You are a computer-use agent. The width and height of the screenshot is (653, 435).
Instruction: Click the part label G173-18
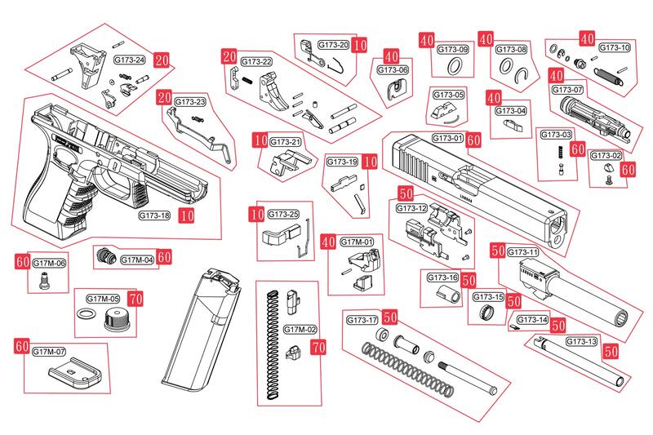(x=153, y=215)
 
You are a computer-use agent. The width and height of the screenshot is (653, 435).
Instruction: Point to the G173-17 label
(x=362, y=318)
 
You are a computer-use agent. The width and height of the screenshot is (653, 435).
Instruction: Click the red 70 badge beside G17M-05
(x=135, y=300)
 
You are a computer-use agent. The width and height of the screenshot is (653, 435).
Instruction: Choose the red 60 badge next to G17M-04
(x=164, y=256)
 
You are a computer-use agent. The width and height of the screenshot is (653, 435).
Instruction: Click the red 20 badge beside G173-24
(x=162, y=60)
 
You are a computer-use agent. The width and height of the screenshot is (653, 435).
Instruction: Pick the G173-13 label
(x=580, y=341)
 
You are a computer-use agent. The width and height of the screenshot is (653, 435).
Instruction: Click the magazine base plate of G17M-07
(x=73, y=377)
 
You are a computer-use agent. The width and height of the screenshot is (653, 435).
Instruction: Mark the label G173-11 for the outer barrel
(x=523, y=252)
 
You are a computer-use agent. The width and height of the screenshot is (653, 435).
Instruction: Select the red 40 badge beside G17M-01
(x=329, y=242)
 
